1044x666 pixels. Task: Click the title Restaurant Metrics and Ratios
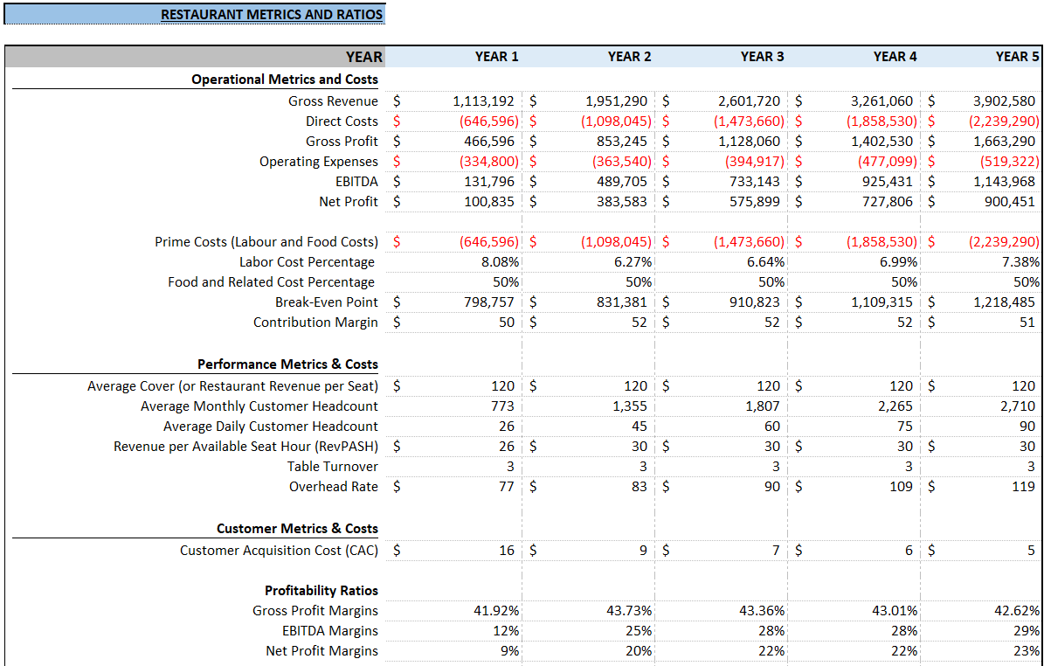[x=272, y=15]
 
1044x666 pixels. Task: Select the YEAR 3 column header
[x=762, y=57]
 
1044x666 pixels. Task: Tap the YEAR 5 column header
[x=1017, y=57]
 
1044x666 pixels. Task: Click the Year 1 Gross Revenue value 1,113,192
[x=483, y=101]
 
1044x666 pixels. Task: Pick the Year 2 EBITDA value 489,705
[x=621, y=182]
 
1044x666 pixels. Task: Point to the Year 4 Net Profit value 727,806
[x=887, y=202]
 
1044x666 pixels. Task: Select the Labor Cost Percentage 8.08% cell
[x=500, y=262]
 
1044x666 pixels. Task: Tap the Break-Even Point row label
[x=326, y=302]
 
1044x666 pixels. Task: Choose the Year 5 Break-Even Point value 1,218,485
[x=1004, y=302]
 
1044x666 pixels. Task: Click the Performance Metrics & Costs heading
[x=287, y=364]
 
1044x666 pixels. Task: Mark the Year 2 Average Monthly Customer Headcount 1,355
[x=629, y=406]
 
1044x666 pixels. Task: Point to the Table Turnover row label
[x=332, y=467]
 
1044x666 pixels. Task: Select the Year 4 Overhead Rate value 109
[x=901, y=487]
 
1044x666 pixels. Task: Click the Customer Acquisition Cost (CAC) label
[x=279, y=551]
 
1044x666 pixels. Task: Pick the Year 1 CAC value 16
[x=507, y=551]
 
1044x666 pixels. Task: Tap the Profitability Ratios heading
[x=321, y=591]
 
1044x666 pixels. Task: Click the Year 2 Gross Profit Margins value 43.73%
[x=628, y=611]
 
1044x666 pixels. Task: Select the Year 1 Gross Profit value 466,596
[x=488, y=142]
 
